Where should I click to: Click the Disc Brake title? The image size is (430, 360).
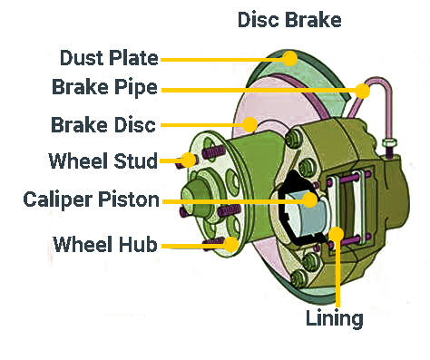point(289,20)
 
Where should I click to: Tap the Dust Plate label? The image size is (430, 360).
point(109,58)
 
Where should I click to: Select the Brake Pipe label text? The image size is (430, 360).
point(104,87)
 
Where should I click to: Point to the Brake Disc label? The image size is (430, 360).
point(103,124)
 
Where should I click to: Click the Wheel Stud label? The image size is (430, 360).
point(103,161)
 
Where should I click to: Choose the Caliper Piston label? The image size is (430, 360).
point(92,199)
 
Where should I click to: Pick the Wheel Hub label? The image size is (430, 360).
point(105,244)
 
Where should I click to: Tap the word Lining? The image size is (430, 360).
point(335,318)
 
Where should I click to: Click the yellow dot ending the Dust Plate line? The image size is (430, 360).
point(290,59)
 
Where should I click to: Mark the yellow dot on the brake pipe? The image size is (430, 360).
point(362,91)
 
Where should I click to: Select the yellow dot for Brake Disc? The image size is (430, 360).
point(249,124)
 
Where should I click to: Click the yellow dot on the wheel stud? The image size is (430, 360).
point(189,161)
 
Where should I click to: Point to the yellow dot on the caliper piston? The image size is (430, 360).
point(310,199)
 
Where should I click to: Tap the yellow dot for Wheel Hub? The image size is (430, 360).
point(231,244)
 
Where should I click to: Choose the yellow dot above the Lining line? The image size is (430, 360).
point(337,234)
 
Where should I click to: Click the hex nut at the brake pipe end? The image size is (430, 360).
point(389,142)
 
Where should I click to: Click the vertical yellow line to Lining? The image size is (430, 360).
point(337,275)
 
